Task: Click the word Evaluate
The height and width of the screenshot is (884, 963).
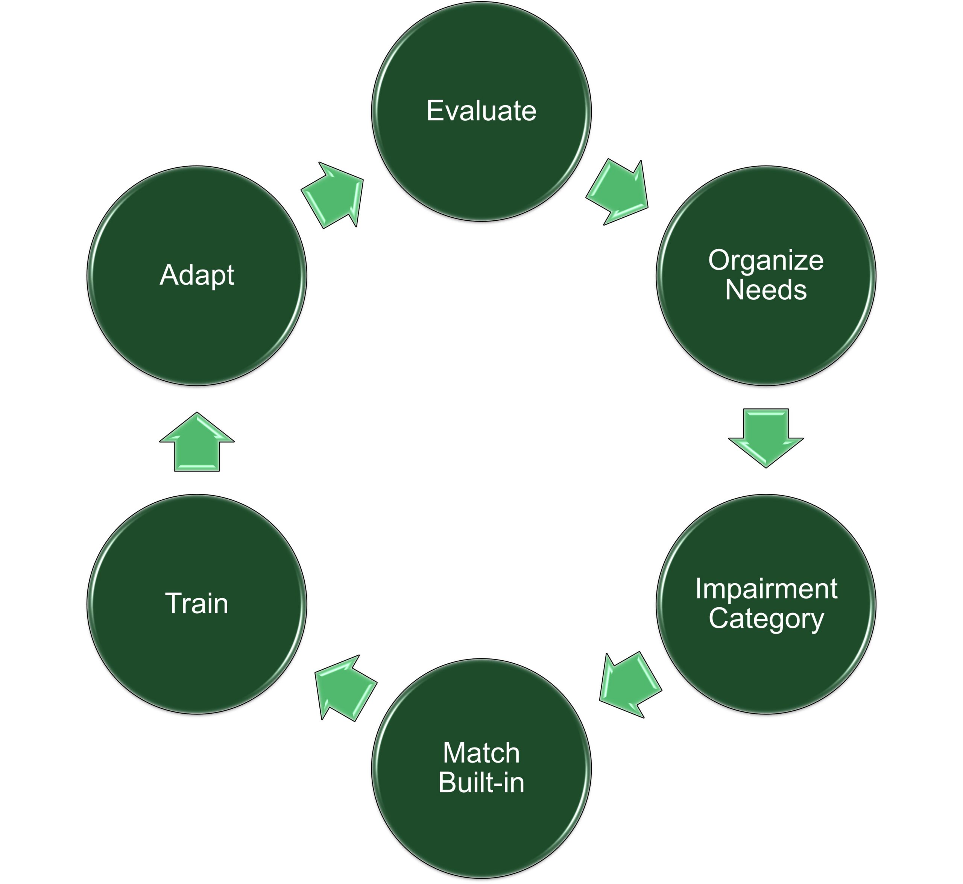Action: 481,111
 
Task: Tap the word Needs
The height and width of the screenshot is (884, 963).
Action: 766,290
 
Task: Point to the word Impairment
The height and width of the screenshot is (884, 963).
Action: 766,589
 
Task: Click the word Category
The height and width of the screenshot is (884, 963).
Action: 766,619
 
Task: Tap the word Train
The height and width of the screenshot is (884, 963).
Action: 197,603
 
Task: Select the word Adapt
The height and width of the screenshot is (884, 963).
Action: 197,275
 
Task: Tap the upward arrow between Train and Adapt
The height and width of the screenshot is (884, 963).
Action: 197,443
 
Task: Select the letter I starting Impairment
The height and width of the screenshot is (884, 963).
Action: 698,588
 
